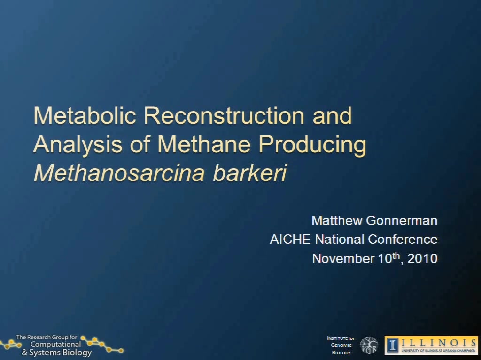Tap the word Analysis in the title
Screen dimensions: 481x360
point(78,144)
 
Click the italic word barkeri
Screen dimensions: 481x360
point(250,173)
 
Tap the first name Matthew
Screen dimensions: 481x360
point(337,221)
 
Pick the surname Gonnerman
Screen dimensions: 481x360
point(402,221)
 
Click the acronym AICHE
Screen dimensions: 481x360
point(290,240)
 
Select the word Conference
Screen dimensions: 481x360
point(403,240)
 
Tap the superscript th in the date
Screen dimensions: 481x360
point(396,255)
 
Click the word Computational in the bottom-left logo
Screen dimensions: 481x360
point(55,345)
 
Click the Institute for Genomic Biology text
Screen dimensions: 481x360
point(341,345)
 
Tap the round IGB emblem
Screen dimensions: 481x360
point(369,345)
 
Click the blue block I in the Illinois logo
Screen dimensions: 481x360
point(393,345)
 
